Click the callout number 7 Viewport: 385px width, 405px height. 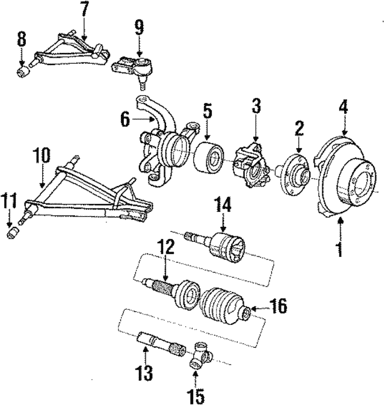point(84,11)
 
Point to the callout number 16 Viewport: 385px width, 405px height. point(278,306)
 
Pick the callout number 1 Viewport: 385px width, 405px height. point(340,248)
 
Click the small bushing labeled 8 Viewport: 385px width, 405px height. point(23,71)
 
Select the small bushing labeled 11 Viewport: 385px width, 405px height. point(13,232)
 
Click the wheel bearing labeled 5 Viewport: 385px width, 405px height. point(209,157)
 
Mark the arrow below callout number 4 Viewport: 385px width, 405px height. point(344,126)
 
